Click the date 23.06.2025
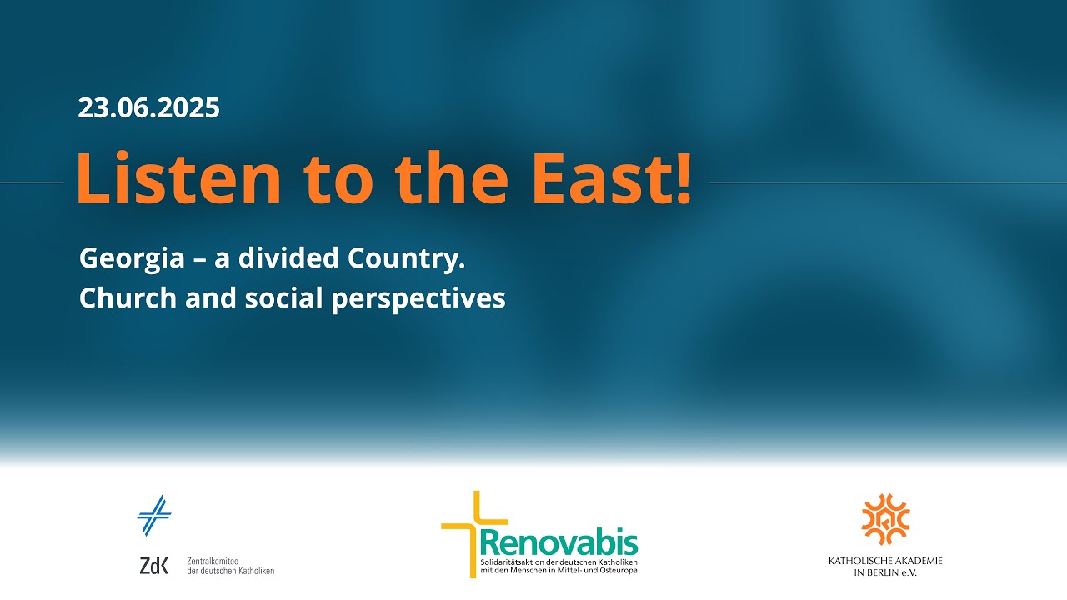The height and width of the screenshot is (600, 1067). click(148, 108)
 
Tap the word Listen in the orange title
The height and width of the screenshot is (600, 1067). click(178, 177)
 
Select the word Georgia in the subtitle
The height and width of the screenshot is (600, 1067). click(132, 259)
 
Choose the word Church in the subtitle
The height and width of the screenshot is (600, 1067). click(128, 298)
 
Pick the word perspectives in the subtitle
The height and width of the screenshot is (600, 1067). click(418, 300)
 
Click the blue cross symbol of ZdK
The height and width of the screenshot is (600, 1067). click(154, 515)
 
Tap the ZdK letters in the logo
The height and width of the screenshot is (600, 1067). click(154, 566)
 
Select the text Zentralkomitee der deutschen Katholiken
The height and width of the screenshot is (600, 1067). click(231, 566)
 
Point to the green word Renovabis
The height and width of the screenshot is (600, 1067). click(559, 542)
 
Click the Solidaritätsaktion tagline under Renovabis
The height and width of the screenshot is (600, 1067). click(559, 567)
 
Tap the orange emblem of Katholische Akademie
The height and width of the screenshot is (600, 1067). click(885, 519)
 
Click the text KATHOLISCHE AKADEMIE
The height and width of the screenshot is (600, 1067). click(885, 561)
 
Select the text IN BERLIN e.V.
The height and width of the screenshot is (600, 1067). click(885, 572)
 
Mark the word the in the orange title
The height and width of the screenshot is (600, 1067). click(452, 177)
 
